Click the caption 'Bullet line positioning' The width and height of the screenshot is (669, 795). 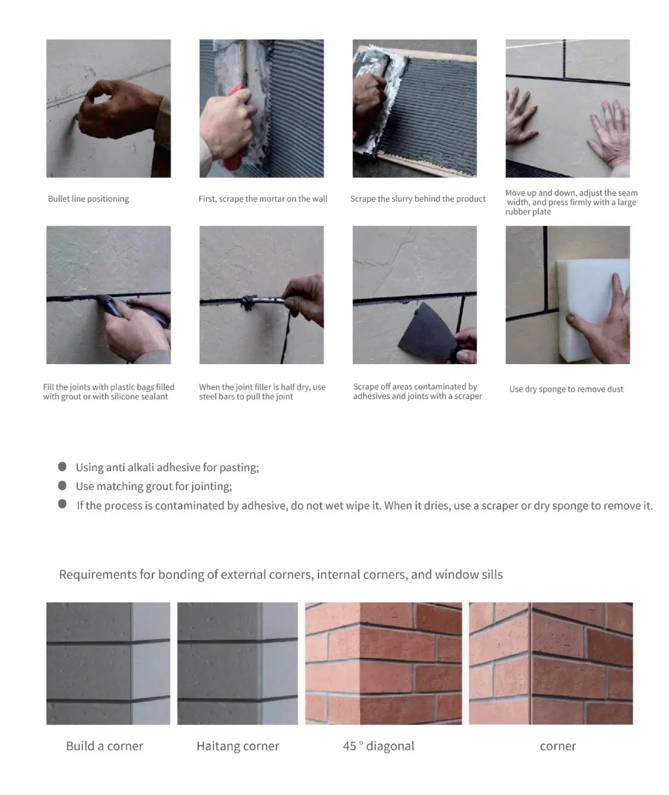(x=88, y=198)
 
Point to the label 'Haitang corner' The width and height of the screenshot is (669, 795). (x=238, y=746)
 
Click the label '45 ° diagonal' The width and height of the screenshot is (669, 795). (x=378, y=746)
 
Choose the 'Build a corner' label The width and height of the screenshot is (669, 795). (x=104, y=746)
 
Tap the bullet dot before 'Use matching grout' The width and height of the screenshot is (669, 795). (x=63, y=485)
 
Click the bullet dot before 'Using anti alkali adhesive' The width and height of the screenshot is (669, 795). (x=63, y=466)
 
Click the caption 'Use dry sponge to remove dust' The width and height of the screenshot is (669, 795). (x=566, y=389)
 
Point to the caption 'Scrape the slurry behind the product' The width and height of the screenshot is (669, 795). (x=418, y=198)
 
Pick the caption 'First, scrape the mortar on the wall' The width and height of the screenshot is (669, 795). (x=263, y=198)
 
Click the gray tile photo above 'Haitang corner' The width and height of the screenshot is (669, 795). (x=238, y=663)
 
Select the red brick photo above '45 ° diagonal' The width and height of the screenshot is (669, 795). (x=383, y=663)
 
